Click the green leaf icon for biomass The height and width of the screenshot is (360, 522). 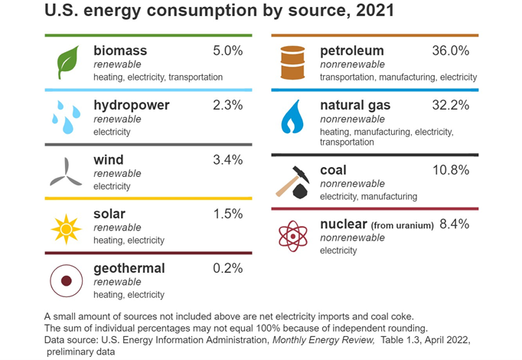[x=69, y=61]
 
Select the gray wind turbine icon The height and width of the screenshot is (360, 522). [x=66, y=172]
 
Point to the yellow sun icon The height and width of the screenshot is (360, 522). [x=66, y=227]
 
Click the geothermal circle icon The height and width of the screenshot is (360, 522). [x=65, y=281]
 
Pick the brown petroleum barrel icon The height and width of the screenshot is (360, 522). [x=292, y=63]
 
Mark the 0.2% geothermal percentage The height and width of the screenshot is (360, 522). [x=227, y=268]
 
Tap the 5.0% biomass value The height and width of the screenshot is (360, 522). [x=227, y=51]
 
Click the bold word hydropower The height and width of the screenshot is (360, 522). [x=131, y=105]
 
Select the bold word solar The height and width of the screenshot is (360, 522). [x=109, y=214]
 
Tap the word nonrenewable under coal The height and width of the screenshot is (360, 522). [x=352, y=184]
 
